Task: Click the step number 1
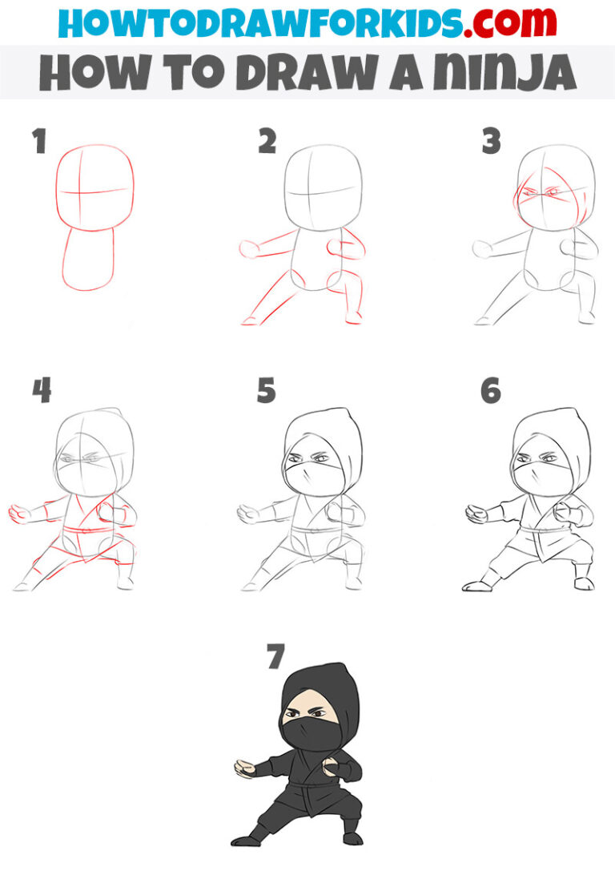pyautogui.click(x=38, y=142)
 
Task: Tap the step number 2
pyautogui.click(x=267, y=142)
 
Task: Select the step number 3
pyautogui.click(x=491, y=142)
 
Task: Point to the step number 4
pyautogui.click(x=42, y=390)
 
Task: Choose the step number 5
pyautogui.click(x=267, y=390)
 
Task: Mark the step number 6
pyautogui.click(x=491, y=390)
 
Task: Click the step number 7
pyautogui.click(x=275, y=657)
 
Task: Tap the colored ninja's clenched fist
pyautogui.click(x=332, y=770)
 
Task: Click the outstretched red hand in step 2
pyautogui.click(x=247, y=250)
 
